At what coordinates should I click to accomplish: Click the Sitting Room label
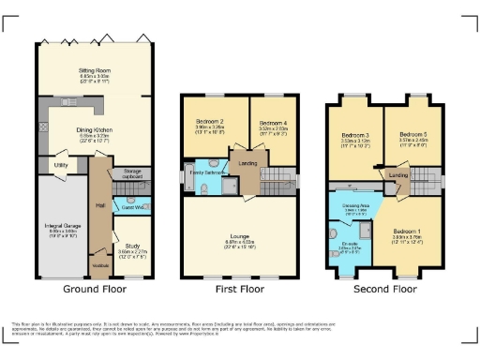(92, 69)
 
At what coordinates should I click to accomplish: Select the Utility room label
(61, 165)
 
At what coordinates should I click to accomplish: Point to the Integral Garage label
(61, 226)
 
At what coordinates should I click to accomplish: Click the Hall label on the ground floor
(99, 205)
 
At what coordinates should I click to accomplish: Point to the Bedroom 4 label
(271, 124)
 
